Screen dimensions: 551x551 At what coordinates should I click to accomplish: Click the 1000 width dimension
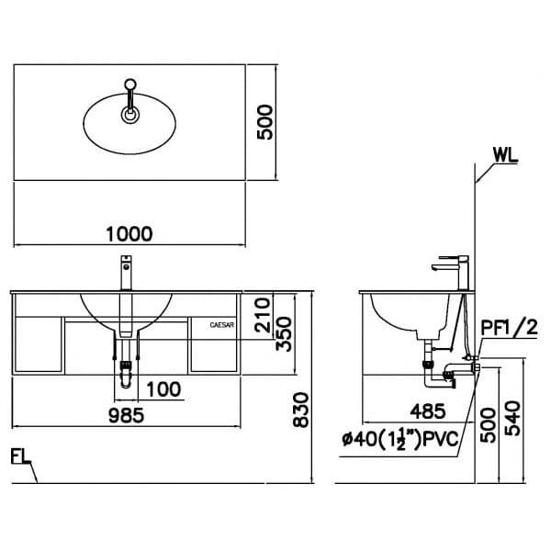click(x=129, y=234)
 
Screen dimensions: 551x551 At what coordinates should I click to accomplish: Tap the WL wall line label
click(x=504, y=154)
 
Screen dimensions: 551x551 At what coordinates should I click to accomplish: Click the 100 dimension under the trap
click(x=163, y=388)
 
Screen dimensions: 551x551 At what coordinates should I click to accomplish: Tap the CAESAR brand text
click(x=223, y=323)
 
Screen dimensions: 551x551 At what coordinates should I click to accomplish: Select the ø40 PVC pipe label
click(x=397, y=440)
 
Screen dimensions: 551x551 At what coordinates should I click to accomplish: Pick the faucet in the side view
click(x=454, y=271)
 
